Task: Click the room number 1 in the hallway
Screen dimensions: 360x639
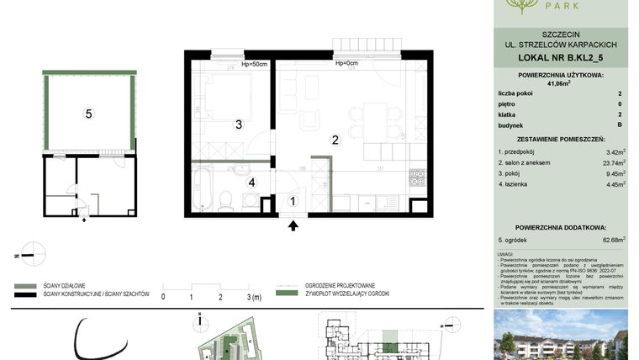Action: pyautogui.click(x=292, y=200)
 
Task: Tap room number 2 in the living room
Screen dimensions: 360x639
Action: pyautogui.click(x=335, y=140)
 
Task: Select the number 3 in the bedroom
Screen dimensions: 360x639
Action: pyautogui.click(x=239, y=124)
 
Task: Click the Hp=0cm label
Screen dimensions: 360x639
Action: pyautogui.click(x=346, y=63)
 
